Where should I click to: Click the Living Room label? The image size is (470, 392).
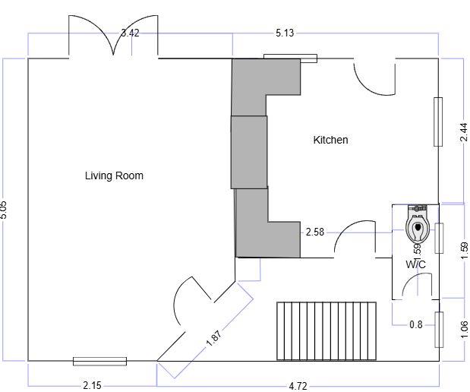pos(114,175)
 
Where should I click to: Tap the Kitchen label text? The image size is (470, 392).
pos(330,140)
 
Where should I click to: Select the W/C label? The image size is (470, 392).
pos(415,264)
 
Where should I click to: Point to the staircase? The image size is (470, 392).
pos(326,331)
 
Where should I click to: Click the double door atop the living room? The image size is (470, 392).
pos(114,38)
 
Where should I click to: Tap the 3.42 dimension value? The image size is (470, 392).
pos(131,33)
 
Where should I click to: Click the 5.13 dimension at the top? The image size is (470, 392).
pos(285,33)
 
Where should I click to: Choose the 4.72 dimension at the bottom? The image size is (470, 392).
pos(298,386)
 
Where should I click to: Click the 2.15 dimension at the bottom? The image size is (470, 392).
pos(92,385)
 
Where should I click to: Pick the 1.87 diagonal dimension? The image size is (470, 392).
pos(216,336)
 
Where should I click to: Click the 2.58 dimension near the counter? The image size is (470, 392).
pos(315,232)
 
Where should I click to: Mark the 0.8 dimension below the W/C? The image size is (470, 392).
pos(415,324)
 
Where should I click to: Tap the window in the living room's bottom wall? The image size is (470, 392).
pos(99,361)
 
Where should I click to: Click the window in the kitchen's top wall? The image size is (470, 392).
pos(290,57)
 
